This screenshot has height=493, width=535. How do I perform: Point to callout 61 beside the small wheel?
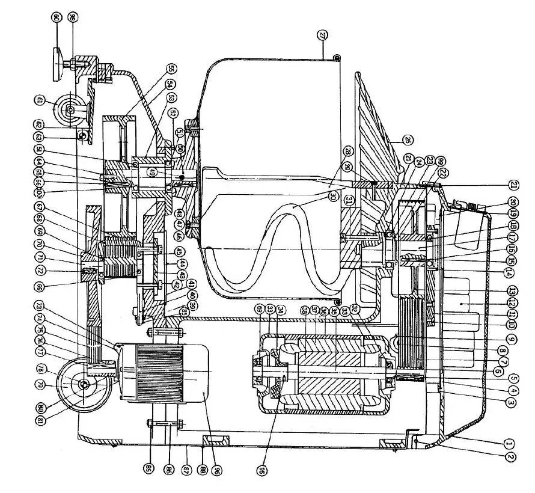40,100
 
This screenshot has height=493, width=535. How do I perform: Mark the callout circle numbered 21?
512,185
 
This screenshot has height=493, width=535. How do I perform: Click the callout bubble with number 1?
509,443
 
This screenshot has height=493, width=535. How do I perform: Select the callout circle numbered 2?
509,456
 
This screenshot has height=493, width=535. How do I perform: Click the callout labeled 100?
40,194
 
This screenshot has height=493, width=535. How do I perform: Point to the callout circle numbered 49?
153,173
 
